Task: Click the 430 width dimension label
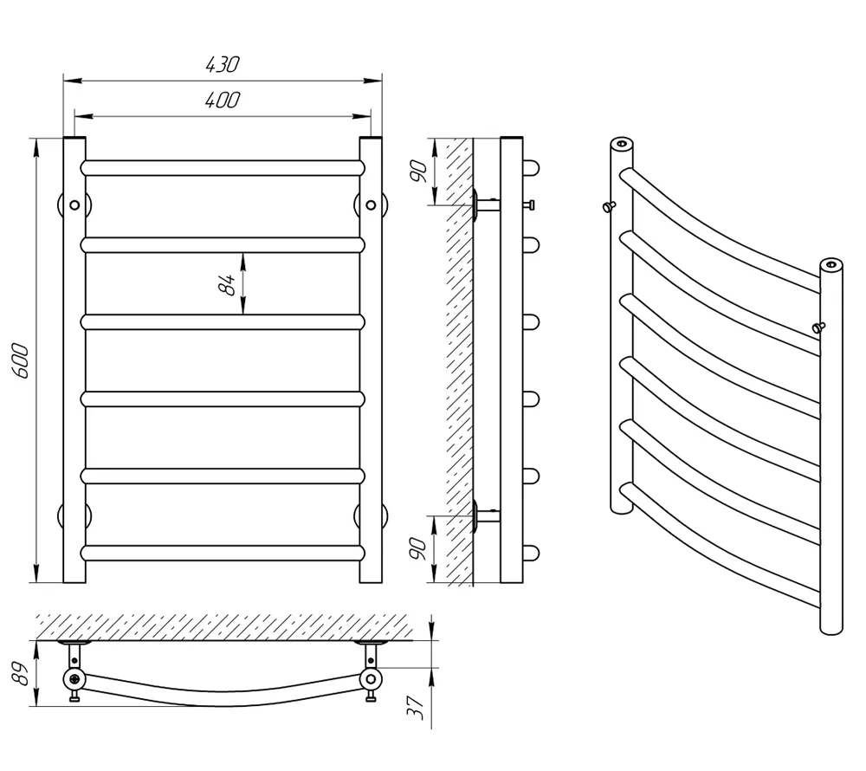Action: pyautogui.click(x=223, y=65)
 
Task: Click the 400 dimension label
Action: pyautogui.click(x=223, y=100)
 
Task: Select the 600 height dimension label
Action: pyautogui.click(x=21, y=360)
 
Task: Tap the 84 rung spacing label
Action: pyautogui.click(x=227, y=284)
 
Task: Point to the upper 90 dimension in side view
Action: pyautogui.click(x=418, y=172)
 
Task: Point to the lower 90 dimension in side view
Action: pyautogui.click(x=418, y=548)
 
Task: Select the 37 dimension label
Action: pyautogui.click(x=416, y=708)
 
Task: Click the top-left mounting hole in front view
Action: pyautogui.click(x=74, y=205)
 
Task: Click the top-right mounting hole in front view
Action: pyautogui.click(x=372, y=205)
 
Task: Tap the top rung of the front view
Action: pyautogui.click(x=223, y=168)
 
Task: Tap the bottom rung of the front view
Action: pyautogui.click(x=223, y=554)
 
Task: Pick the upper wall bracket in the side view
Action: pyautogui.click(x=486, y=205)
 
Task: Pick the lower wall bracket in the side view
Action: pyautogui.click(x=486, y=516)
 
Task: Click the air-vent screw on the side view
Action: pyautogui.click(x=530, y=205)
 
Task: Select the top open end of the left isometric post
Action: pyautogui.click(x=622, y=144)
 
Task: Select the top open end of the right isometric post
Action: pyautogui.click(x=831, y=265)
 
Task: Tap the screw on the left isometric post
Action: pyautogui.click(x=609, y=206)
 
